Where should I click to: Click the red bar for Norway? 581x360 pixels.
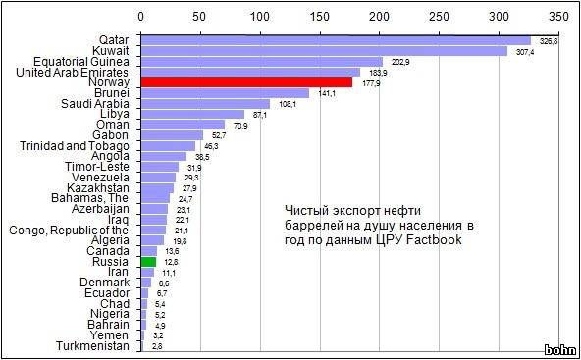tap(245, 83)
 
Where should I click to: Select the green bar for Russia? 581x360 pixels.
tap(148, 262)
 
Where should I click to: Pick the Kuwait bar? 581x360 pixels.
tap(324, 51)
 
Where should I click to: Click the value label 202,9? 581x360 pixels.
tap(400, 62)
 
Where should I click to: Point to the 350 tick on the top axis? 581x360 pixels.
tap(558, 17)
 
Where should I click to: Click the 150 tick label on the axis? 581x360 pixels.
tap(320, 17)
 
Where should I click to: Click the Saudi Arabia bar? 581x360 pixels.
tap(205, 104)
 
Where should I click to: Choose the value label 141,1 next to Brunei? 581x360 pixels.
tap(327, 93)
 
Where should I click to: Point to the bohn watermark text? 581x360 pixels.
tap(559, 349)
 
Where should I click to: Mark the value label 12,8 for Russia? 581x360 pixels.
tap(171, 263)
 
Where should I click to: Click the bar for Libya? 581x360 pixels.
tap(192, 115)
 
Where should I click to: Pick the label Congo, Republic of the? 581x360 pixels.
tap(69, 231)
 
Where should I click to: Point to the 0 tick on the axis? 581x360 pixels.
tap(141, 17)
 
